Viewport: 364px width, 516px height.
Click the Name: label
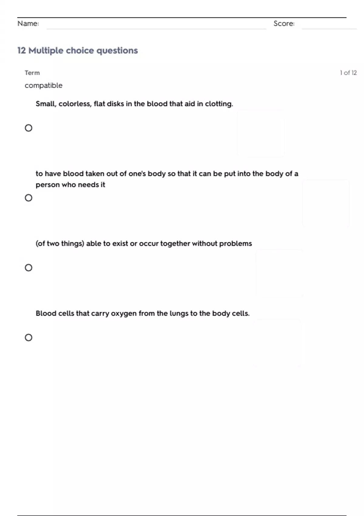pos(28,24)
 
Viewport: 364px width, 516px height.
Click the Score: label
pos(284,24)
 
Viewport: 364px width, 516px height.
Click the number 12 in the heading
pos(22,50)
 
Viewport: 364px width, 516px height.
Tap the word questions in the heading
pos(117,50)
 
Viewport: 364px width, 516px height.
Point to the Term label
pos(32,73)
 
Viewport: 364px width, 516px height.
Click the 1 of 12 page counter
pos(348,73)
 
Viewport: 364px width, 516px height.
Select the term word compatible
pos(44,86)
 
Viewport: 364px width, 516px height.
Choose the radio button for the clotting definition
pos(29,128)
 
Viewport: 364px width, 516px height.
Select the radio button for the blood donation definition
pos(29,198)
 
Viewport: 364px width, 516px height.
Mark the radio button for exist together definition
pos(29,268)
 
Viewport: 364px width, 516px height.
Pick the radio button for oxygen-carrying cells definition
pos(29,338)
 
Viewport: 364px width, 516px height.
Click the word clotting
pos(219,104)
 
